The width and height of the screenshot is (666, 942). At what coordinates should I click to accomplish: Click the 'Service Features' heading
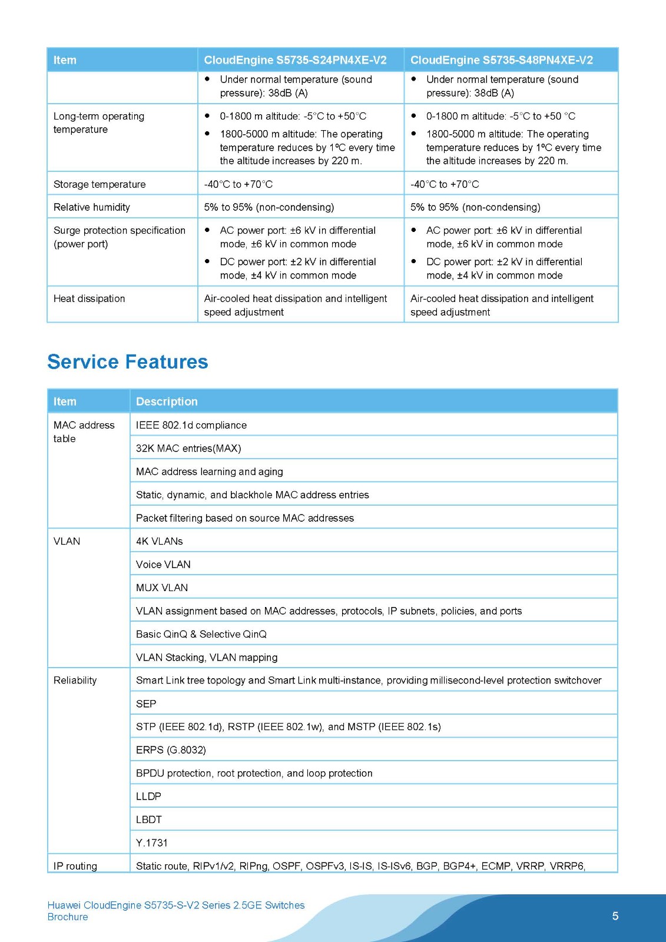[128, 361]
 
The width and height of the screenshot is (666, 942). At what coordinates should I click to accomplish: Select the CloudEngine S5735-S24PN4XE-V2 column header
[295, 60]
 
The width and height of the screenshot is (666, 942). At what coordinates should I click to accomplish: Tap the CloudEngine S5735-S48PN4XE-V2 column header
[501, 60]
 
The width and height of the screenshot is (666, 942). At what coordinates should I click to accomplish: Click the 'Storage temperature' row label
[100, 184]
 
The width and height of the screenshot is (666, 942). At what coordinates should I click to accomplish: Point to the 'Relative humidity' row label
[92, 207]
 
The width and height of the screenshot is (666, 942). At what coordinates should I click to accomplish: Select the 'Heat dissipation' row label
[90, 298]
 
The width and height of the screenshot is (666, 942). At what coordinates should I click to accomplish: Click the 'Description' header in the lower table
[167, 402]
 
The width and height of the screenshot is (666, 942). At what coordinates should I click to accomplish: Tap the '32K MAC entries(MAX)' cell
[188, 448]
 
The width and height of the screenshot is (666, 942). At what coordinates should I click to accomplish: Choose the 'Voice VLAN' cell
[163, 565]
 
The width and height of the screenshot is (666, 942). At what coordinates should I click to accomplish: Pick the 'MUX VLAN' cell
[162, 588]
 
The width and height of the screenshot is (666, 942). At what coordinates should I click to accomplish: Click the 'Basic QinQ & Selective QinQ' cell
[201, 634]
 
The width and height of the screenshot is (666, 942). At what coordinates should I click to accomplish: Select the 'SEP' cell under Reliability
[146, 704]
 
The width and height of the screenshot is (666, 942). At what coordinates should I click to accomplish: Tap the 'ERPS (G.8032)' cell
[171, 750]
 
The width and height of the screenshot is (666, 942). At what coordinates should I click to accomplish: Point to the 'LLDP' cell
[148, 797]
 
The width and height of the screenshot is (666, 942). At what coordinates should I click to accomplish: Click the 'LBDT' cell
[148, 820]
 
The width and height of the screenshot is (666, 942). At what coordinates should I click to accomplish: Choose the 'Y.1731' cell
[152, 843]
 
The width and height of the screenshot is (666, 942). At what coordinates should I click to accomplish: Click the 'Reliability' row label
[75, 681]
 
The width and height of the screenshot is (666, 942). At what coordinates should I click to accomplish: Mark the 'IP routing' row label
[75, 866]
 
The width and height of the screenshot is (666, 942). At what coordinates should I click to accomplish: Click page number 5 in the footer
[615, 916]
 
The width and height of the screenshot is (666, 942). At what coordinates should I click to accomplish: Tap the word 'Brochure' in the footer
[68, 917]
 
